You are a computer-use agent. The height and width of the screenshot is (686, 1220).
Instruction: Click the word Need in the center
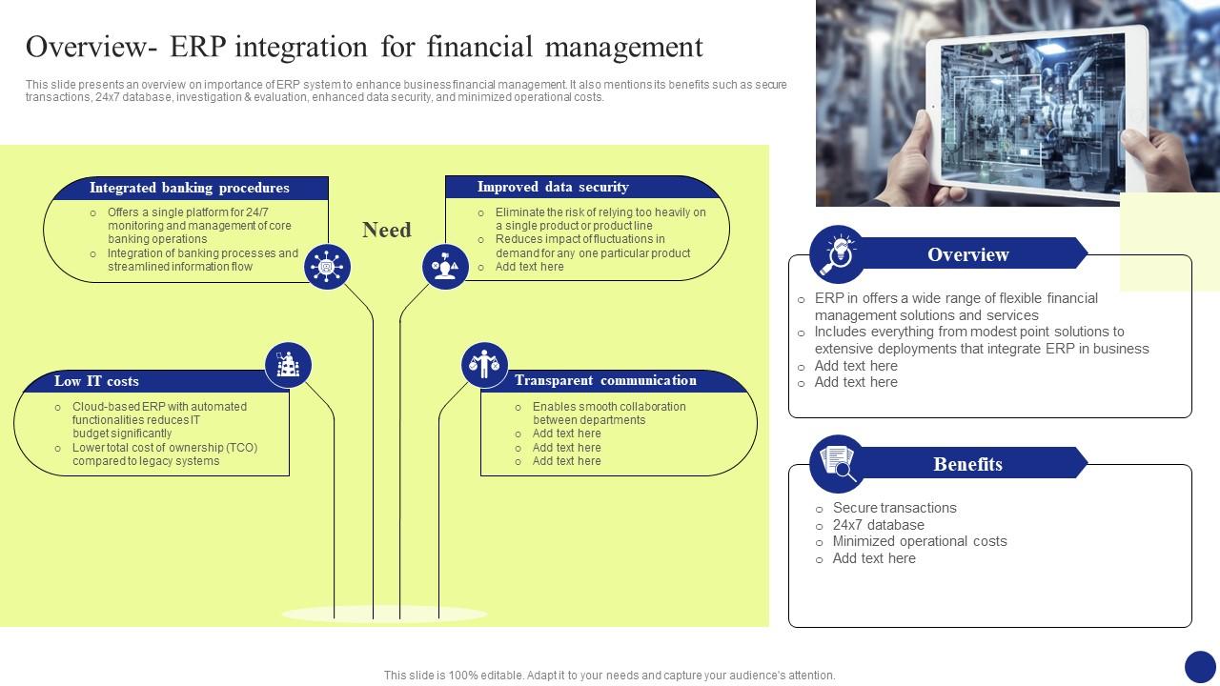(x=387, y=230)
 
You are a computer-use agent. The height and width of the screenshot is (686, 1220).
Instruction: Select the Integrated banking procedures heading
(x=189, y=188)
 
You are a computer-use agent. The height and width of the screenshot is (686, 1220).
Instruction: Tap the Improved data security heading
(x=553, y=187)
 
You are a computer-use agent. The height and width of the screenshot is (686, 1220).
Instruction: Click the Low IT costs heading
(x=96, y=381)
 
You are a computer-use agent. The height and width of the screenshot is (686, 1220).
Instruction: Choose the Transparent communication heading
(x=605, y=380)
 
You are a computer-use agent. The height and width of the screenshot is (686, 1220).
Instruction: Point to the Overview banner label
(x=967, y=254)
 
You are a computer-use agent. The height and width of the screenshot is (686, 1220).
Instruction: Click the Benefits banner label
(x=967, y=464)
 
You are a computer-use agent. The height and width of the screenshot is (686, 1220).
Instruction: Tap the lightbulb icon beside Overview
(x=838, y=254)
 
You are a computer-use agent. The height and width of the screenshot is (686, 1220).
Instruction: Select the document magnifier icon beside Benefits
(x=838, y=464)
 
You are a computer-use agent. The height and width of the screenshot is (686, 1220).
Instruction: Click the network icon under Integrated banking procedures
(x=327, y=267)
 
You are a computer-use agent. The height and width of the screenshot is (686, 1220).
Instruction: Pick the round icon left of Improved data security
(x=445, y=267)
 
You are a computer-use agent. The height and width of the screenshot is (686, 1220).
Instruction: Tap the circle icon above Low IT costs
(x=288, y=365)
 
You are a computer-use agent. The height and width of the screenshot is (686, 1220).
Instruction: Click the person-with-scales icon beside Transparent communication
(x=484, y=365)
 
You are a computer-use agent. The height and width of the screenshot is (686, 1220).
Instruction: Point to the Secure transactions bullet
(x=894, y=508)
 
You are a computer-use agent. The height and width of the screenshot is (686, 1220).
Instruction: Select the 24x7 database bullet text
(x=878, y=525)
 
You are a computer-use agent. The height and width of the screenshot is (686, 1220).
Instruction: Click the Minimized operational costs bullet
(x=919, y=541)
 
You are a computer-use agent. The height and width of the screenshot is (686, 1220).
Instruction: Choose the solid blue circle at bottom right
(x=1200, y=666)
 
